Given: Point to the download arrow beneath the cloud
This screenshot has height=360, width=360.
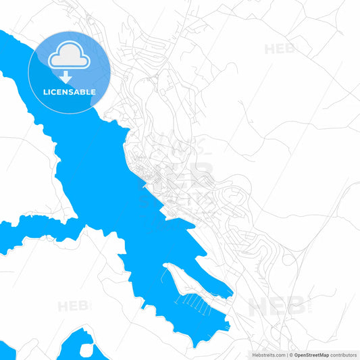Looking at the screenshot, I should tap(66, 76).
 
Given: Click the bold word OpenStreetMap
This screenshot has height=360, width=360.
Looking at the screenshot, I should tap(312, 354).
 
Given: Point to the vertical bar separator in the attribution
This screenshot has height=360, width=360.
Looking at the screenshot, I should tap(286, 354).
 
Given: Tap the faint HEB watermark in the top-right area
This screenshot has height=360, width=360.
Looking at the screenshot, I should tap(280, 49).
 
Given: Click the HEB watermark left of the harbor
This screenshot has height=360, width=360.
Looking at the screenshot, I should tap(73, 306).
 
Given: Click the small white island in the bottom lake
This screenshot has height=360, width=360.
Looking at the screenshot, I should tap(87, 350).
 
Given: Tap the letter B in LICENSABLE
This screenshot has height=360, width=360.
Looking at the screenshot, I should tap(84, 92).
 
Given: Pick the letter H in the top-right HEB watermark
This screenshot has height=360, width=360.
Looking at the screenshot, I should tap(269, 49).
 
